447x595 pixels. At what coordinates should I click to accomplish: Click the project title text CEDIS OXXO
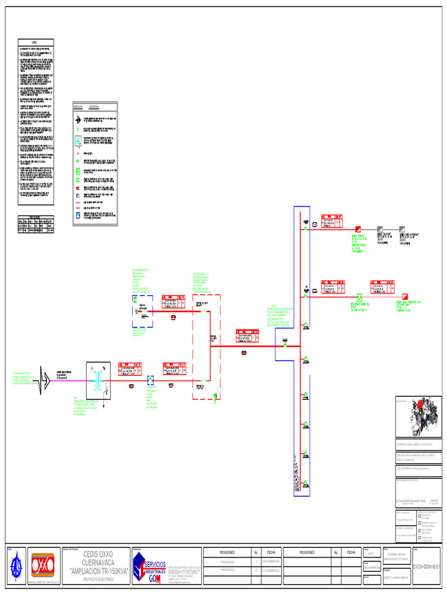tap(98, 554)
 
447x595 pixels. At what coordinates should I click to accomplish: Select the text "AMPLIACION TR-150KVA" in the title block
tap(98, 571)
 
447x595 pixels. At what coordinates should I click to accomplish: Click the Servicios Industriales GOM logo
tap(150, 566)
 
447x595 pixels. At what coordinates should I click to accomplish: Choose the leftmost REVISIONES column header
tap(227, 553)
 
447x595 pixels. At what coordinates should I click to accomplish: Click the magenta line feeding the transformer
tap(70, 382)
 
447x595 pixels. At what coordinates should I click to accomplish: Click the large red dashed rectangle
tap(207, 347)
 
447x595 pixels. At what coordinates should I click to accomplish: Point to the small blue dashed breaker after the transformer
tap(150, 381)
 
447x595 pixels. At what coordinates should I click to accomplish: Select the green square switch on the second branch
tap(359, 296)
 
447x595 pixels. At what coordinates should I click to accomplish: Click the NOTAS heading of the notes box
tap(36, 42)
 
